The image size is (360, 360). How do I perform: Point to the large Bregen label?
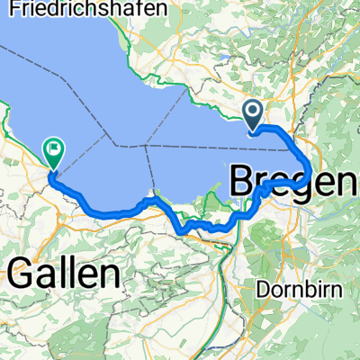pos(292,180)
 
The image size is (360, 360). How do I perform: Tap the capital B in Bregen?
pos(246,180)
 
